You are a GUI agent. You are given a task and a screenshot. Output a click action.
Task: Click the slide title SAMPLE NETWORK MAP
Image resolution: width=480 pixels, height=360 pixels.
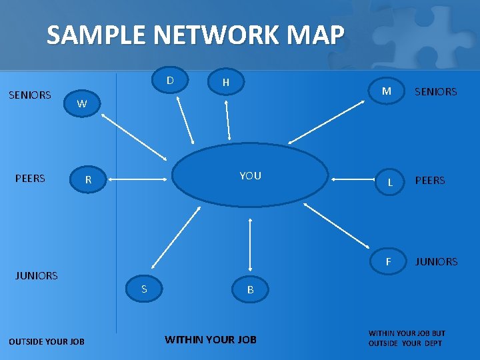[x=195, y=35]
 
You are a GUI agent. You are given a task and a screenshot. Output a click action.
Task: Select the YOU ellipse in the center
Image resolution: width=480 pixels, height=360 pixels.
[x=250, y=176]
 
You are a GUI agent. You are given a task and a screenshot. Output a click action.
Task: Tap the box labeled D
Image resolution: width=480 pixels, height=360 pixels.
[x=170, y=81]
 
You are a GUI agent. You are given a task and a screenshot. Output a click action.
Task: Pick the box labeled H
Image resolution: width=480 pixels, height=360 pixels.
[x=226, y=82]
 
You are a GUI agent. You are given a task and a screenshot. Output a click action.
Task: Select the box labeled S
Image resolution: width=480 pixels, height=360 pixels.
[x=143, y=289]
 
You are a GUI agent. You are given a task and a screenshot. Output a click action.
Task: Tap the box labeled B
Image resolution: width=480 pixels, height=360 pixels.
[x=250, y=289]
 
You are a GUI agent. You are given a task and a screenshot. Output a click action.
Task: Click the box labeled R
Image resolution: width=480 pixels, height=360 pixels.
[x=88, y=179]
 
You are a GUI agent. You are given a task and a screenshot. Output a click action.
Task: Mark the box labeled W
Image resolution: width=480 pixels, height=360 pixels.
[x=82, y=104]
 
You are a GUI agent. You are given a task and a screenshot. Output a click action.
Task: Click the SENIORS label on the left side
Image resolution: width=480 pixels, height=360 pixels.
[x=30, y=95]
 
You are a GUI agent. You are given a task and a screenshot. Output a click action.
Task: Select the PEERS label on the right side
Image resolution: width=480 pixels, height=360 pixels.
[x=430, y=181]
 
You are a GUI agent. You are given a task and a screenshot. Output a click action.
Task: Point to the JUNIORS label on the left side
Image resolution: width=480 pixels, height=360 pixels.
[x=37, y=275]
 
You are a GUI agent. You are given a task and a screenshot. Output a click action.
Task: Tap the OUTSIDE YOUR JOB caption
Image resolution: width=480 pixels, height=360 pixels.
[x=47, y=342]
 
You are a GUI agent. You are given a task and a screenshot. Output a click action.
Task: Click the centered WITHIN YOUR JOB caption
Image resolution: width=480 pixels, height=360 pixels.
[x=211, y=339]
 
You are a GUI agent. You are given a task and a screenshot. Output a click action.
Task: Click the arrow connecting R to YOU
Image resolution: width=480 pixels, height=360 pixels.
[x=137, y=179]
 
